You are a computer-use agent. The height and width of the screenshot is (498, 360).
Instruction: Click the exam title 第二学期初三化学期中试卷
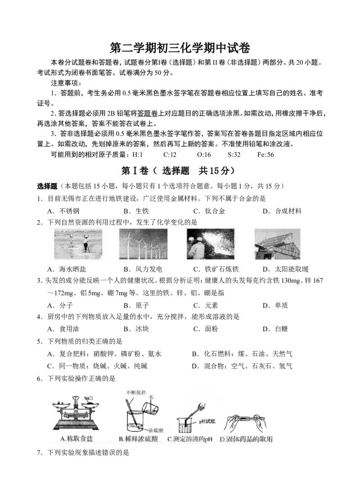pyautogui.click(x=180, y=48)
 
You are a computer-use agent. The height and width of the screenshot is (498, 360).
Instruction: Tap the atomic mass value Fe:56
pyautogui.click(x=265, y=155)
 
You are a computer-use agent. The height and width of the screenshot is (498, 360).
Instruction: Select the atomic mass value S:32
pyautogui.click(x=234, y=155)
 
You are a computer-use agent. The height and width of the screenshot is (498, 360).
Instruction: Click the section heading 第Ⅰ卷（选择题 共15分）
pyautogui.click(x=180, y=171)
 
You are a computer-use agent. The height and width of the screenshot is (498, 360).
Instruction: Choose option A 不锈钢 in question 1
pyautogui.click(x=63, y=211)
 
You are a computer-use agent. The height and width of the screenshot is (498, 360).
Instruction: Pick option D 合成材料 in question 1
pyautogui.click(x=282, y=211)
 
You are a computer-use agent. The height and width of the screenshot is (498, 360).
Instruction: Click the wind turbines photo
pyautogui.click(x=143, y=244)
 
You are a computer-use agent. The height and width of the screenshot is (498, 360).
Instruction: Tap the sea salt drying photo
pyautogui.click(x=78, y=244)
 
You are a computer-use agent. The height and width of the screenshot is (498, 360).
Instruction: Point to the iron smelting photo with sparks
pyautogui.click(x=211, y=244)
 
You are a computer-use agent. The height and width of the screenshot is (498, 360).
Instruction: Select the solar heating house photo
pyautogui.click(x=278, y=244)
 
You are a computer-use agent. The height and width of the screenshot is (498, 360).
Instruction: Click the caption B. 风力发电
pyautogui.click(x=143, y=269)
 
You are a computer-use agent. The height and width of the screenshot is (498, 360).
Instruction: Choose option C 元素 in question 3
pyautogui.click(x=206, y=305)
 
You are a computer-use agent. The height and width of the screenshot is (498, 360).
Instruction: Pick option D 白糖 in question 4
pyautogui.click(x=275, y=329)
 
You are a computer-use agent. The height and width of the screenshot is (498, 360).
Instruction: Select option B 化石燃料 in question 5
pyautogui.click(x=242, y=354)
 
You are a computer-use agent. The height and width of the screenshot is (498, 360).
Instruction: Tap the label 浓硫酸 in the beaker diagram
pyautogui.click(x=156, y=431)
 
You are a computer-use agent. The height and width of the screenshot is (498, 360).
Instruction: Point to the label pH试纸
pyautogui.click(x=207, y=422)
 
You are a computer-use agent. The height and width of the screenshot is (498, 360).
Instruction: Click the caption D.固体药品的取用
pyautogui.click(x=246, y=439)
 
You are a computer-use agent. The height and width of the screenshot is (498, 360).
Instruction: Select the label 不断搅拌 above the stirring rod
pyautogui.click(x=136, y=393)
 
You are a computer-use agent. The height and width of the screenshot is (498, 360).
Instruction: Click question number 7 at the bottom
pyautogui.click(x=39, y=453)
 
